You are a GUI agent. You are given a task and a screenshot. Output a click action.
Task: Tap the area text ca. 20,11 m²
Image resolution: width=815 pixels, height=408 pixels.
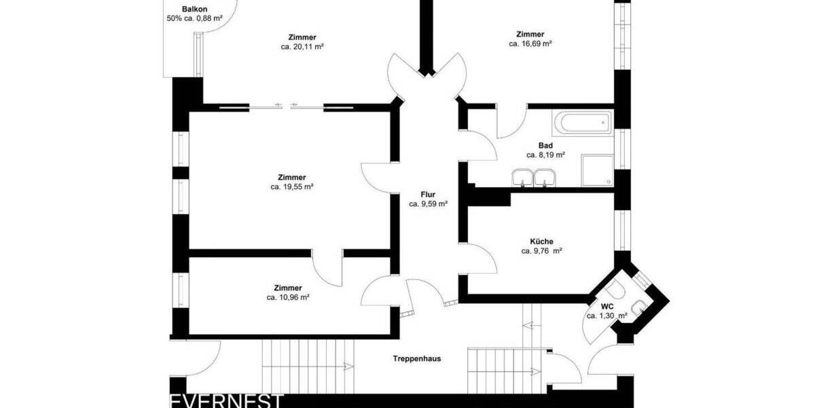pos(302,47)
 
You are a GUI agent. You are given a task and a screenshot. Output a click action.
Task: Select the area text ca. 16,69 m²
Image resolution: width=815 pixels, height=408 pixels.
pos(530,44)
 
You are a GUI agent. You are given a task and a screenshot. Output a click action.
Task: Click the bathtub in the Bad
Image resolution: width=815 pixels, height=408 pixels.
pos(583,123)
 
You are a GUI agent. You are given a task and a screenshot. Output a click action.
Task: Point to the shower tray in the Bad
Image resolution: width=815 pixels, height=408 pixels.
pos(597,170)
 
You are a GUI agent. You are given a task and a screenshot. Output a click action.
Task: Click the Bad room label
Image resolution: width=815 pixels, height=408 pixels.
pos(545,146)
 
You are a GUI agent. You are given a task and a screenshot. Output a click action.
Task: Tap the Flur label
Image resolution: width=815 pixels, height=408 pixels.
pos(428,194)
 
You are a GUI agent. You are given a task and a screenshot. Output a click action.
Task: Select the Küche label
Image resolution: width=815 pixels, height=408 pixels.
pos(541,241)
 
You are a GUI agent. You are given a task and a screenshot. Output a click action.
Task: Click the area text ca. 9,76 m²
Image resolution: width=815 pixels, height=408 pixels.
pos(541,251)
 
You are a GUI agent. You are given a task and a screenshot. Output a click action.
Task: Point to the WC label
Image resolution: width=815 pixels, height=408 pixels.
pos(606,307)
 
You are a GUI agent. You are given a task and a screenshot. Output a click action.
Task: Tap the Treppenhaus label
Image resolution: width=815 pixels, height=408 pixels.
pos(417,358)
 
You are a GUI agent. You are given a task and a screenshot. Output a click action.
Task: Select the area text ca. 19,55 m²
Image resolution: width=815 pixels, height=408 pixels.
pos(291,186)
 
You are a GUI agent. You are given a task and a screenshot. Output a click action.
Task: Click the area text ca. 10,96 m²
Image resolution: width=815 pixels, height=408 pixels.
pos(288,297)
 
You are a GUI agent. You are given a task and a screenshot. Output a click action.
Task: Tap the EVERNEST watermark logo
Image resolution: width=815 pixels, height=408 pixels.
pos(226,401)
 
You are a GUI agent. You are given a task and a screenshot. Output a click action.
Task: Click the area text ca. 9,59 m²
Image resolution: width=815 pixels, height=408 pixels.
pos(428,204)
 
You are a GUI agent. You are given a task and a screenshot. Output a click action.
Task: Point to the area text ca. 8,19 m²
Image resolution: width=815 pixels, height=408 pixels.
pos(545,155)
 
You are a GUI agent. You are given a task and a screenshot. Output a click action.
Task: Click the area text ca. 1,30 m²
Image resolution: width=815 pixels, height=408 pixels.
pos(606,316)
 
